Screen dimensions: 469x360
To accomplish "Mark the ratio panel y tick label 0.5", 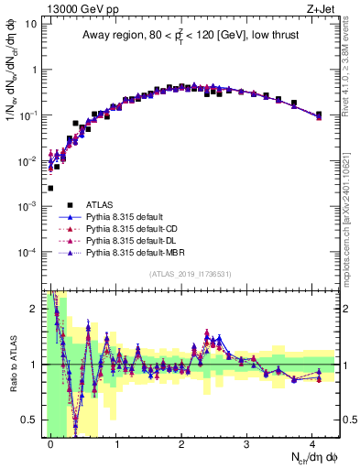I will point(30,420).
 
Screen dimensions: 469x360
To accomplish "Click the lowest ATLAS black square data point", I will point(50,188).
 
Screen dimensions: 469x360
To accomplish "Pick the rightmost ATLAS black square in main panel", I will point(318,115).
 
